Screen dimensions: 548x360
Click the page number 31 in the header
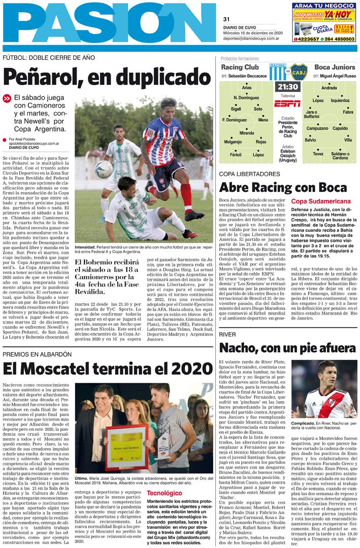click(226, 19)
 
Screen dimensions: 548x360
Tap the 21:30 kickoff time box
click(287, 87)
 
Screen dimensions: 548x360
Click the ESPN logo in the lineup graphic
click(287, 104)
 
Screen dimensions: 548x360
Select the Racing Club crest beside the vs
click(277, 72)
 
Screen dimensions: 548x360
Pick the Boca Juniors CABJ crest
click(298, 72)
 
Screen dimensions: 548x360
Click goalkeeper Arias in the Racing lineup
click(246, 88)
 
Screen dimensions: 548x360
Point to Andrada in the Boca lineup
click(329, 88)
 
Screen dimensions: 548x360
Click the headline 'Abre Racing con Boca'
click(283, 187)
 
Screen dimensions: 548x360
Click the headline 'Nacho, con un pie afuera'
click(287, 348)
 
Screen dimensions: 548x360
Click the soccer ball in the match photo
click(104, 169)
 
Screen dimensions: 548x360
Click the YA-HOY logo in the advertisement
click(339, 14)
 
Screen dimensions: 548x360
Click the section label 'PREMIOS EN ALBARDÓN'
click(37, 354)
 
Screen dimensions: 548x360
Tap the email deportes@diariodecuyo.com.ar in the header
click(251, 38)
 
